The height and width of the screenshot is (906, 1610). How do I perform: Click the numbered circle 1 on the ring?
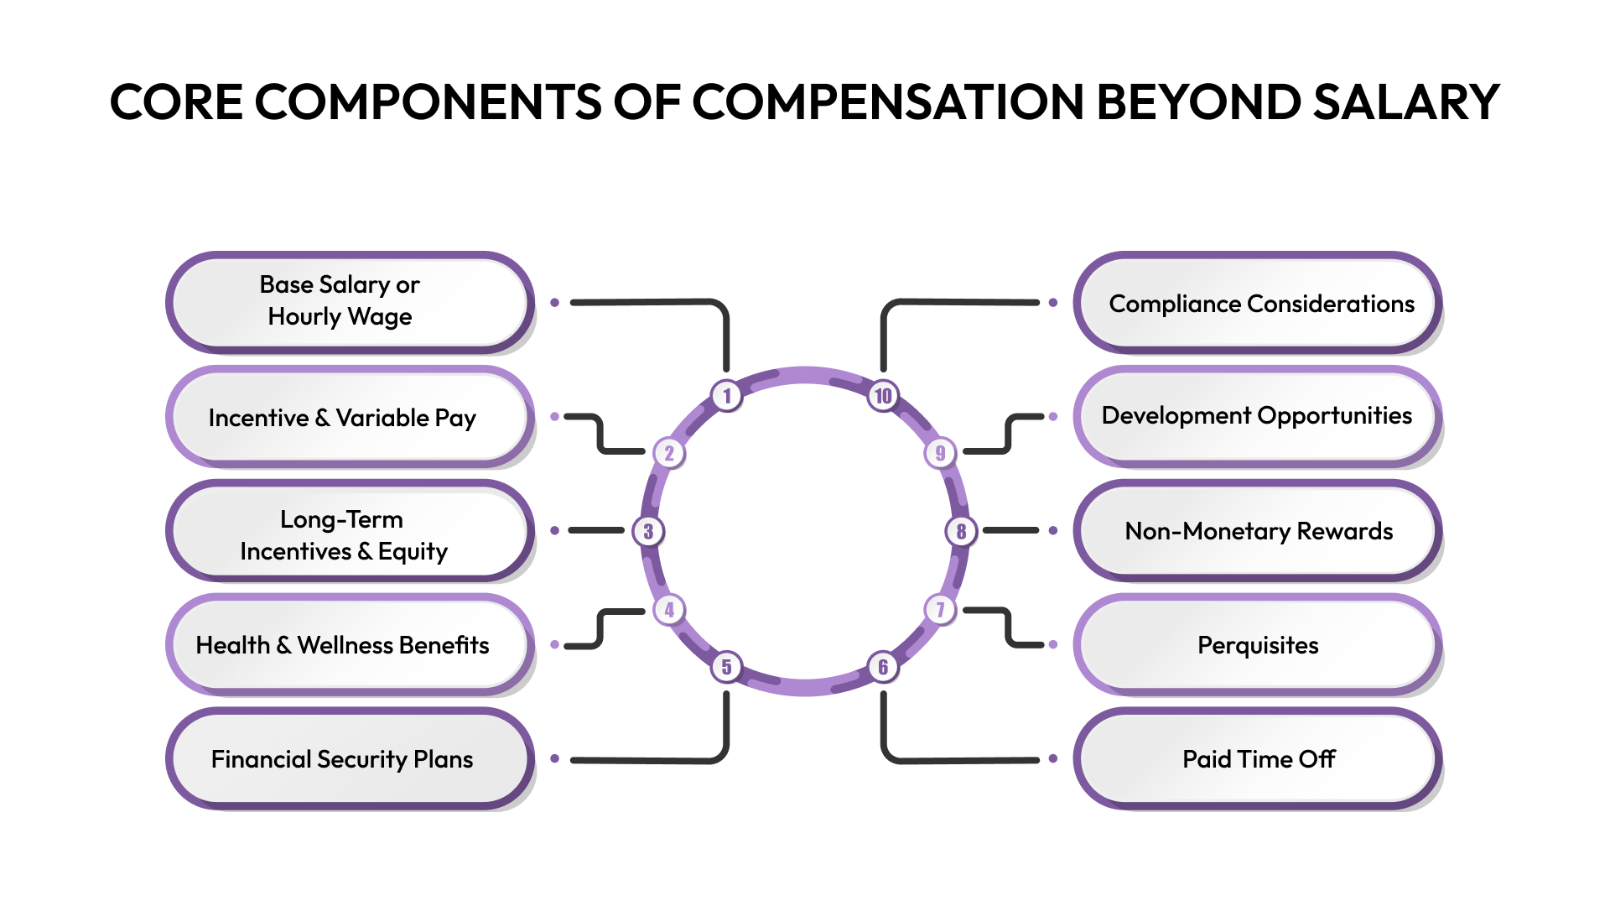[727, 395]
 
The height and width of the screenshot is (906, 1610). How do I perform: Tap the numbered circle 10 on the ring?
[883, 395]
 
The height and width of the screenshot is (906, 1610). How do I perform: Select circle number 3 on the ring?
[648, 531]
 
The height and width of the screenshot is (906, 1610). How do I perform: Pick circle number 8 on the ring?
[961, 531]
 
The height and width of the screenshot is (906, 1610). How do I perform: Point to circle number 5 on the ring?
[727, 667]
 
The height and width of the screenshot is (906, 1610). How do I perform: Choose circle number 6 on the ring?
[883, 667]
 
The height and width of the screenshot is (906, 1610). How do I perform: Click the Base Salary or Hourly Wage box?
[349, 302]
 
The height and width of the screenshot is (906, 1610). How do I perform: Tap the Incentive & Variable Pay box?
[349, 417]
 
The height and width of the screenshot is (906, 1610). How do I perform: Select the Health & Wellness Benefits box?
[349, 644]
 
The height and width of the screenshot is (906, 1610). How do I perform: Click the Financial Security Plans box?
[349, 758]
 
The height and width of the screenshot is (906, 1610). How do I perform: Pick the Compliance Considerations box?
[1258, 303]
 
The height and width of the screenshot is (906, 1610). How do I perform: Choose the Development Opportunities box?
[1258, 416]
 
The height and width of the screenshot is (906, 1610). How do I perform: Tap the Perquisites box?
[1258, 644]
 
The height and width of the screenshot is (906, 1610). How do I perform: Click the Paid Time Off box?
[1258, 758]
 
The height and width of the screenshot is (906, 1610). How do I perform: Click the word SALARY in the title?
[1405, 102]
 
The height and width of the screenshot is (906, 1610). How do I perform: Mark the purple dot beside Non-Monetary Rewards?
[1053, 530]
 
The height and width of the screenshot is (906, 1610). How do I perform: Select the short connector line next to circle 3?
[596, 530]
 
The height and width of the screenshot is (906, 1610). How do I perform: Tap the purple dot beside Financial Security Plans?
[554, 758]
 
